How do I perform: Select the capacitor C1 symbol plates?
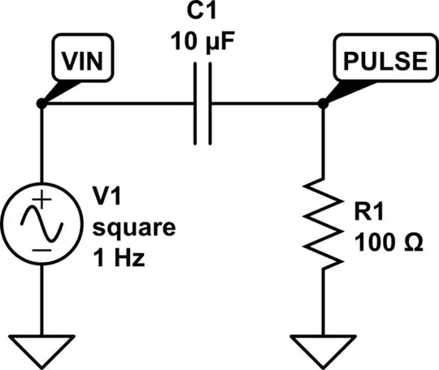(203, 105)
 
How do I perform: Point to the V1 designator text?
(107, 196)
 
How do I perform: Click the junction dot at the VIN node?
(41, 105)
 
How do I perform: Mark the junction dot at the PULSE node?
(323, 105)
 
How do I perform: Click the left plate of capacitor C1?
(196, 105)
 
